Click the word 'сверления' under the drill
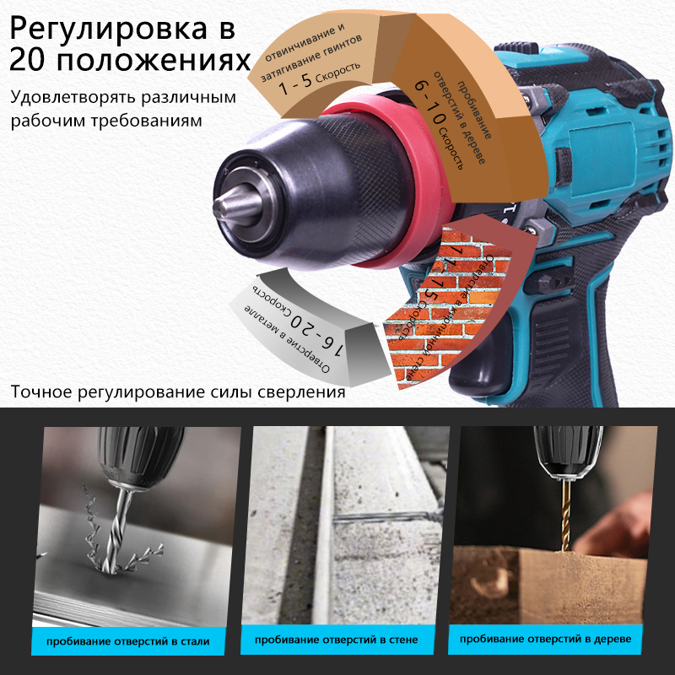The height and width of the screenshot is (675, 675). pos(304,392)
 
